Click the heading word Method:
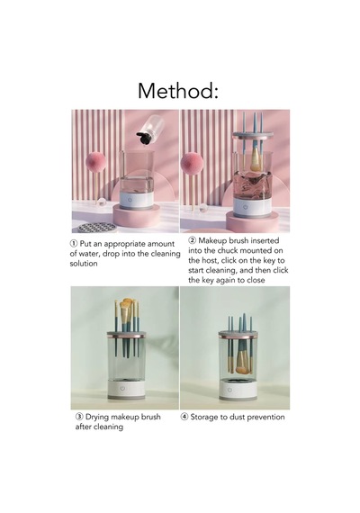coord(177,91)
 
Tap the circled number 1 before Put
coord(74,244)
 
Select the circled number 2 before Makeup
coord(192,240)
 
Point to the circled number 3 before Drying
coord(79,417)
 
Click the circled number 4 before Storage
coord(184,417)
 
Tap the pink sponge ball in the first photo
coord(95,163)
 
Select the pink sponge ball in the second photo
coord(192,164)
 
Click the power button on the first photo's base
coord(130,199)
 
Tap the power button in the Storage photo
coord(229,390)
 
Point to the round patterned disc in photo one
coord(97,227)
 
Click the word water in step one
coord(87,254)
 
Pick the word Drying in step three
coord(97,417)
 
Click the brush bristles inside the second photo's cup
coord(256,164)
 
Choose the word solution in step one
coord(84,264)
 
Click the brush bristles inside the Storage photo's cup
coord(242,369)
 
